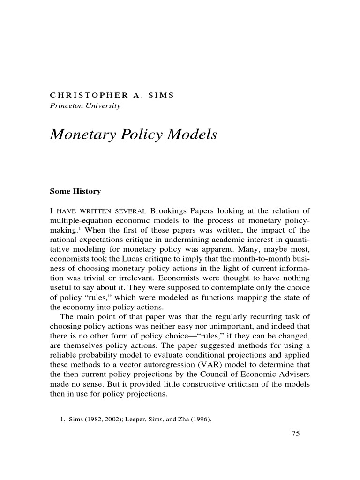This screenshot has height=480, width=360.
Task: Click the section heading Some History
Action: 75,192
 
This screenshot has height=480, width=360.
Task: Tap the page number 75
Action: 295,434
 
